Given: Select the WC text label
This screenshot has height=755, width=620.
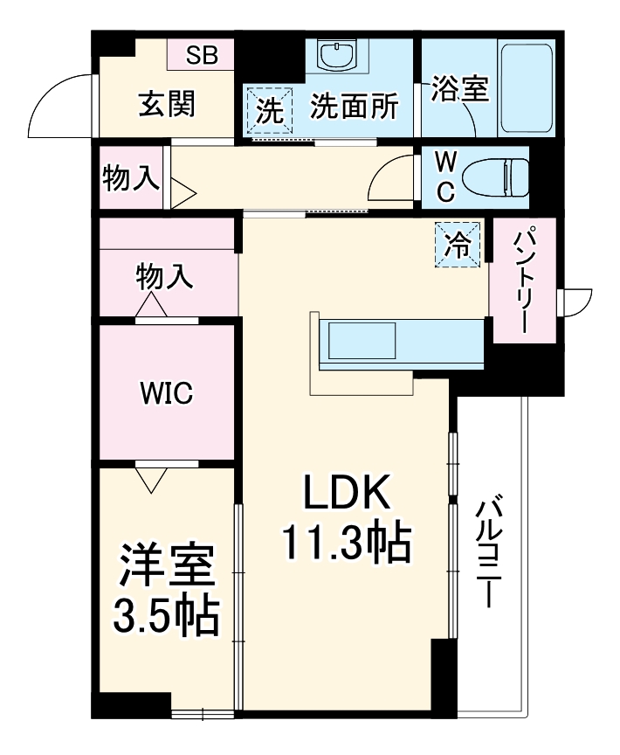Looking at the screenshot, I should [444, 177].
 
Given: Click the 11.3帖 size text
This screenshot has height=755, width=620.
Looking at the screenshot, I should [345, 544].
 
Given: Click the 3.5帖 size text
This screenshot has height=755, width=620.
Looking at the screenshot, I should [166, 616].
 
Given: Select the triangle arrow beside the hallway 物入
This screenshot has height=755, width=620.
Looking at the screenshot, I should [183, 192].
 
